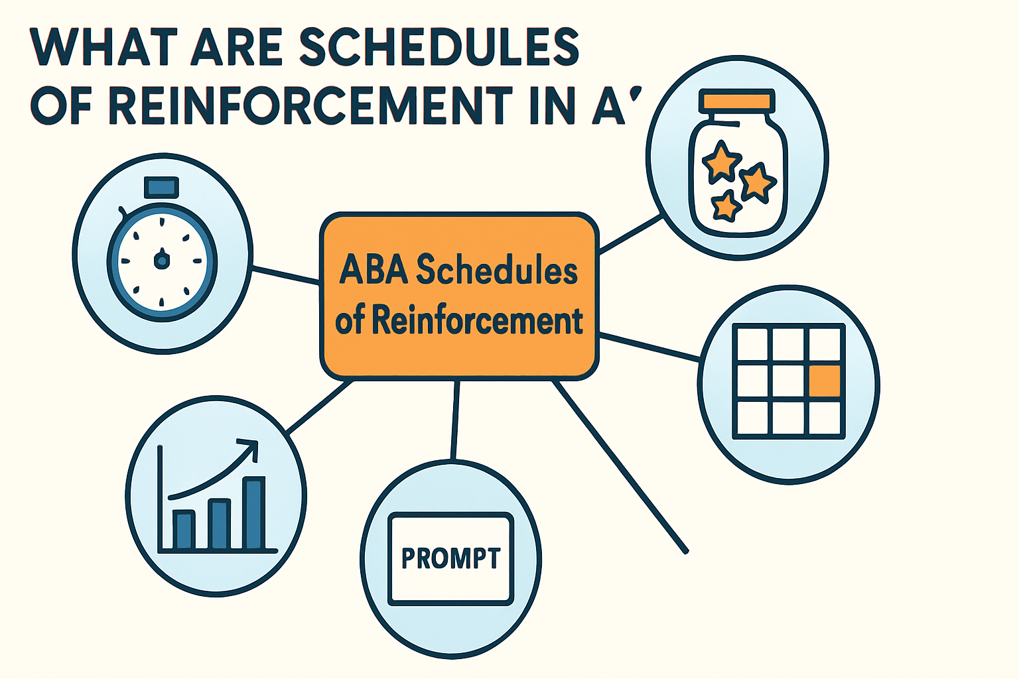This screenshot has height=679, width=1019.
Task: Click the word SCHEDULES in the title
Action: [x=439, y=47]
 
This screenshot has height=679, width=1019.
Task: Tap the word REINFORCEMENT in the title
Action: [x=310, y=105]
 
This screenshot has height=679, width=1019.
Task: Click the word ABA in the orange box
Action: [x=373, y=270]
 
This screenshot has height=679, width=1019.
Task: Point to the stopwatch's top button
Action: [x=161, y=186]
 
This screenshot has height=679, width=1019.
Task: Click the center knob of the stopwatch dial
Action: [x=161, y=260]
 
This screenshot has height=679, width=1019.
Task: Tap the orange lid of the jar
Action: [x=736, y=101]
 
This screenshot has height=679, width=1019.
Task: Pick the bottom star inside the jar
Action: [x=726, y=206]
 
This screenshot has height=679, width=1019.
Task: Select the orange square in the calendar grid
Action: [x=825, y=381]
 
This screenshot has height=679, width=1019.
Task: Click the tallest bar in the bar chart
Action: [x=254, y=514]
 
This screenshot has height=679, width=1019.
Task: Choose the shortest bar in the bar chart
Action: [x=184, y=530]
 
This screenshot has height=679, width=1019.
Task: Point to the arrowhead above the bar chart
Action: [x=250, y=446]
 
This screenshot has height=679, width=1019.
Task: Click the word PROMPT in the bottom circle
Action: [x=451, y=558]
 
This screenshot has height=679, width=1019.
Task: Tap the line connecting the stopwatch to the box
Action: [x=286, y=275]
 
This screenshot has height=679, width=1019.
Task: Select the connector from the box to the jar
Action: [x=630, y=233]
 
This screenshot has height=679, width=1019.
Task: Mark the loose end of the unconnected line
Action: [x=685, y=550]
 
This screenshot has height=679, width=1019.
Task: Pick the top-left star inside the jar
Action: [x=720, y=161]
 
